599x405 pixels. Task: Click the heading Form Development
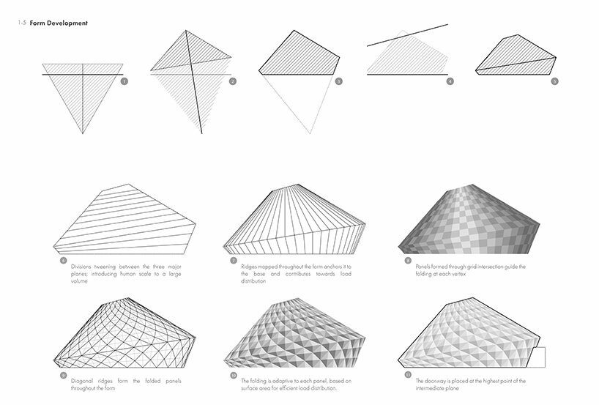pos(58,23)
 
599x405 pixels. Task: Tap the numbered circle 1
pos(124,81)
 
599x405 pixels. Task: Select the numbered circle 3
pos(338,81)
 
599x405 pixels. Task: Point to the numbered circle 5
pos(554,81)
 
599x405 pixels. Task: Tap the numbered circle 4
pos(450,81)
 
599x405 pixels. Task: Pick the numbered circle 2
pos(232,81)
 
